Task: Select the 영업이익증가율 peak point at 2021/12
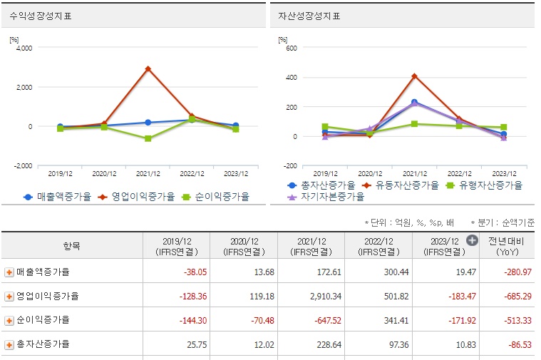[148, 69]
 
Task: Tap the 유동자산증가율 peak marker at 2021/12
[414, 76]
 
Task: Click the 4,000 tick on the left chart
[24, 48]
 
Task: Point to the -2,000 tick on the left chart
[22, 165]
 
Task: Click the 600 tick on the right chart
[291, 48]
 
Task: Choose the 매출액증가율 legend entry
[58, 197]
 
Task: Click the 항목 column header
[72, 246]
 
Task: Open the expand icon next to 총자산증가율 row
[9, 344]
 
